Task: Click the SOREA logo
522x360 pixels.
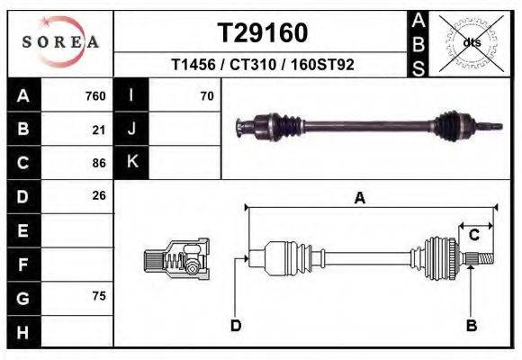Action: pyautogui.click(x=60, y=42)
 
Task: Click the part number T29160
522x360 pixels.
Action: pyautogui.click(x=263, y=33)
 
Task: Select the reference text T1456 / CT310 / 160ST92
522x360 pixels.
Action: pyautogui.click(x=262, y=65)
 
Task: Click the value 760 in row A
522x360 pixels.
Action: pyautogui.click(x=94, y=96)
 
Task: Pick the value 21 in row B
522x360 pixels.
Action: pyautogui.click(x=99, y=130)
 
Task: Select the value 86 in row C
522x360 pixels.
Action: pyautogui.click(x=99, y=163)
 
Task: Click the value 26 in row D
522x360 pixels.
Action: pyautogui.click(x=99, y=195)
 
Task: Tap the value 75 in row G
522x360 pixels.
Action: pyautogui.click(x=99, y=296)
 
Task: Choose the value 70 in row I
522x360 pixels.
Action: pyautogui.click(x=206, y=96)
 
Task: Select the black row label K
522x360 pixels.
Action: pyautogui.click(x=131, y=162)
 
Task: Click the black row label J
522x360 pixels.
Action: pyautogui.click(x=131, y=130)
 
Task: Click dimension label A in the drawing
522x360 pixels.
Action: pyautogui.click(x=359, y=199)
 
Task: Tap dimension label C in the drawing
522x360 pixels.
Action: pyautogui.click(x=473, y=235)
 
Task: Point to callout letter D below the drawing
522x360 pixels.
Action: pyautogui.click(x=235, y=325)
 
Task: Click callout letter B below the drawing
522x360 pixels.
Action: pyautogui.click(x=471, y=325)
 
